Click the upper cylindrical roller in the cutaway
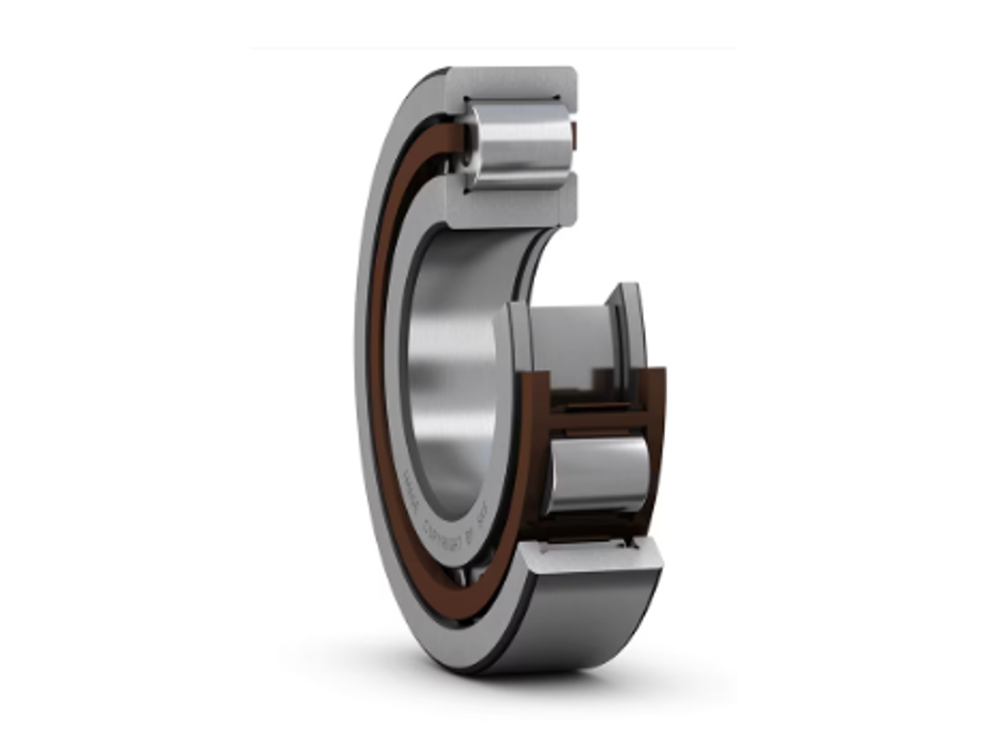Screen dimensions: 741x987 520,145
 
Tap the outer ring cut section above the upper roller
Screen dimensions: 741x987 511,83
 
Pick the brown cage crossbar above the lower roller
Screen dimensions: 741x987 598,419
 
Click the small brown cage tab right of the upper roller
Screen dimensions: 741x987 574,135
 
